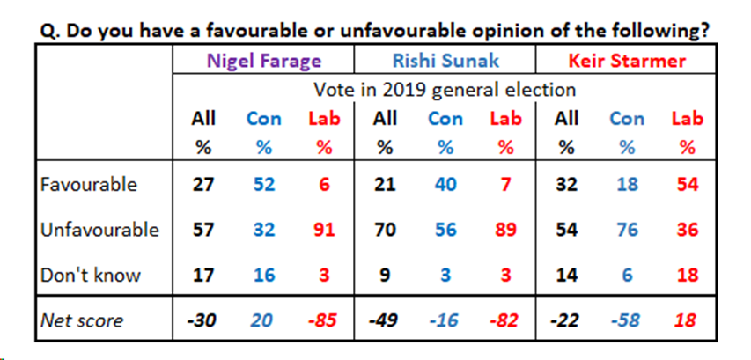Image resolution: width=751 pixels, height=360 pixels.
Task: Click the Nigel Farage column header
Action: pos(261,62)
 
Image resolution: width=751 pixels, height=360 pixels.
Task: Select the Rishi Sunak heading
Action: pos(445,62)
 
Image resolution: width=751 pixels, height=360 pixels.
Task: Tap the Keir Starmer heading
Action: pos(628,62)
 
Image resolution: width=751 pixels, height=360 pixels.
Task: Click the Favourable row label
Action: pos(89,184)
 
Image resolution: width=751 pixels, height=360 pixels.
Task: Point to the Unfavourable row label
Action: pos(99,230)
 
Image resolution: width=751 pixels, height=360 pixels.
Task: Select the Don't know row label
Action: pos(91,275)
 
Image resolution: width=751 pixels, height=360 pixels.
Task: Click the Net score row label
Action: pos(83,320)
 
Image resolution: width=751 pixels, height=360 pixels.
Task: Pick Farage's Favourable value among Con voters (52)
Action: pos(263,184)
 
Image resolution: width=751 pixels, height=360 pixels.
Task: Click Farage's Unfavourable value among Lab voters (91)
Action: pos(323,230)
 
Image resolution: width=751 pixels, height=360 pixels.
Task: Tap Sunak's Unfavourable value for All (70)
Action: pos(384,230)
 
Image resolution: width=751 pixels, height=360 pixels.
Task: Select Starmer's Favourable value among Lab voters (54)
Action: pos(685,184)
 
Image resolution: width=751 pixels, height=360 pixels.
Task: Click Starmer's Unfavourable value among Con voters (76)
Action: pos(628,230)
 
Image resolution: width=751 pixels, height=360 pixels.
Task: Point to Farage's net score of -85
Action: pos(323,320)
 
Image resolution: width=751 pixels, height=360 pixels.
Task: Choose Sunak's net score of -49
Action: pos(384,320)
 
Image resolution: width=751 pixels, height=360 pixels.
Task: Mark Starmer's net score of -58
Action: pos(628,320)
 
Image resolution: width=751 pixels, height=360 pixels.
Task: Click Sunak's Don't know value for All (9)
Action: pos(384,275)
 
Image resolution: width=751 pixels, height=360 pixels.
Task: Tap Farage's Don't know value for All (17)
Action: pos(202,275)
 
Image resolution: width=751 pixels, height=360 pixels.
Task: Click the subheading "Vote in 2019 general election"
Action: pos(445,90)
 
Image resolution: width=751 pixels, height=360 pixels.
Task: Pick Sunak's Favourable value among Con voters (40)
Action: pos(445,184)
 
